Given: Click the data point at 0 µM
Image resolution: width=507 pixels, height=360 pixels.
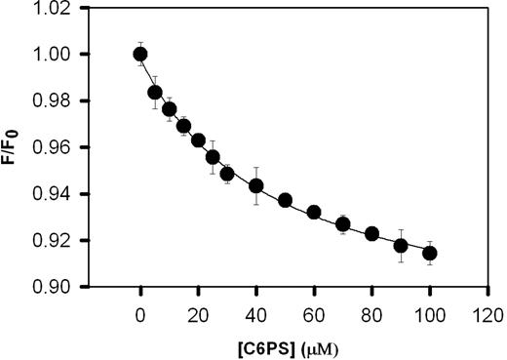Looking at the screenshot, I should coord(140,54).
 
